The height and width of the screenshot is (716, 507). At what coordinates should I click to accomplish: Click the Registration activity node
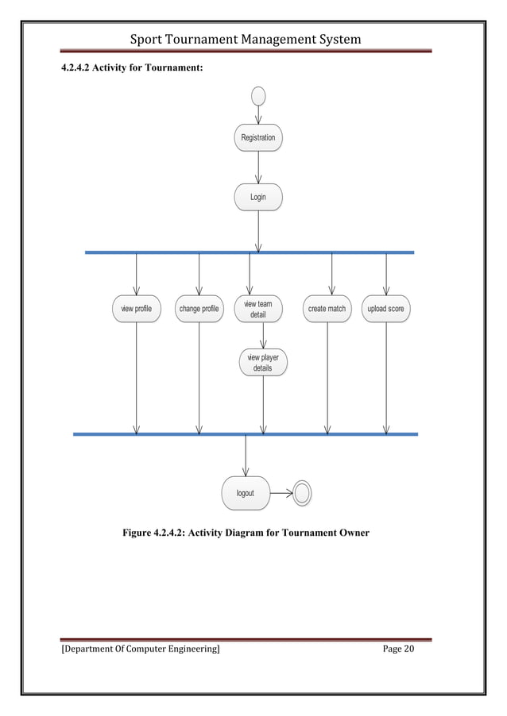point(258,137)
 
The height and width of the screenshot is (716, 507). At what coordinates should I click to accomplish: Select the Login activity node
point(258,197)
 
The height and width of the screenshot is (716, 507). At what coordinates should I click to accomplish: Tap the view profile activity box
point(136,308)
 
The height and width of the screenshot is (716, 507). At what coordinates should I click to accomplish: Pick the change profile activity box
point(199,308)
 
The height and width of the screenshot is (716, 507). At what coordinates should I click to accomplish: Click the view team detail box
point(258,309)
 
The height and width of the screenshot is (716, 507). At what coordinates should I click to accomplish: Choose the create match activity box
point(327,308)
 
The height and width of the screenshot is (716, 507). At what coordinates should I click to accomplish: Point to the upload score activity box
point(386,308)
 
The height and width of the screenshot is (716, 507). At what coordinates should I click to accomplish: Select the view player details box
point(263,363)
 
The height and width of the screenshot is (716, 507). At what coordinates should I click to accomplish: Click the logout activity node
point(246,493)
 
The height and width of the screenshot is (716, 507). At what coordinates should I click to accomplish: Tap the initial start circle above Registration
point(258,95)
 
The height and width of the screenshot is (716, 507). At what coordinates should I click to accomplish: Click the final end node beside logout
point(302,494)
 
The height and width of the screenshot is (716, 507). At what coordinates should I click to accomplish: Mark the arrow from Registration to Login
point(258,167)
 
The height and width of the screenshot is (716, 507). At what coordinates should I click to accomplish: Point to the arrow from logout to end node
point(281,494)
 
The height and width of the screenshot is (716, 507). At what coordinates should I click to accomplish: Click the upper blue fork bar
point(250,252)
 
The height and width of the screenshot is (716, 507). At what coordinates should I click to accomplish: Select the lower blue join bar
point(245,434)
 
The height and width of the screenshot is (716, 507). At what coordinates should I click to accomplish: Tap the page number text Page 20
point(398,649)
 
